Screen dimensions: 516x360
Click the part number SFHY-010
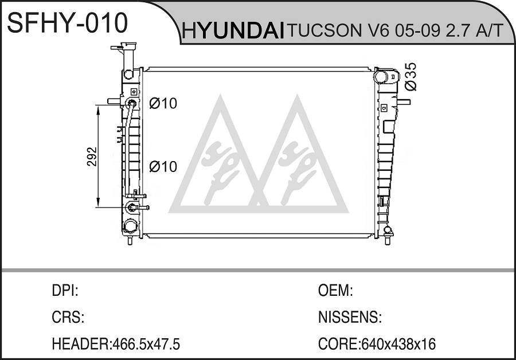(67, 22)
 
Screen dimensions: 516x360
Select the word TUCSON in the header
(324, 30)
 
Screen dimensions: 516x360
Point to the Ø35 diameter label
(411, 77)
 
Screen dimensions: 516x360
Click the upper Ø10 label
(163, 103)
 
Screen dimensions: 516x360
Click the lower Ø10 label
(163, 166)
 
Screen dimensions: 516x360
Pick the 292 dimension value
(92, 156)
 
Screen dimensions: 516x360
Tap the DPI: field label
(65, 291)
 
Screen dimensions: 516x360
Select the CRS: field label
(68, 317)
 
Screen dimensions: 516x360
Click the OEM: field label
(335, 291)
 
